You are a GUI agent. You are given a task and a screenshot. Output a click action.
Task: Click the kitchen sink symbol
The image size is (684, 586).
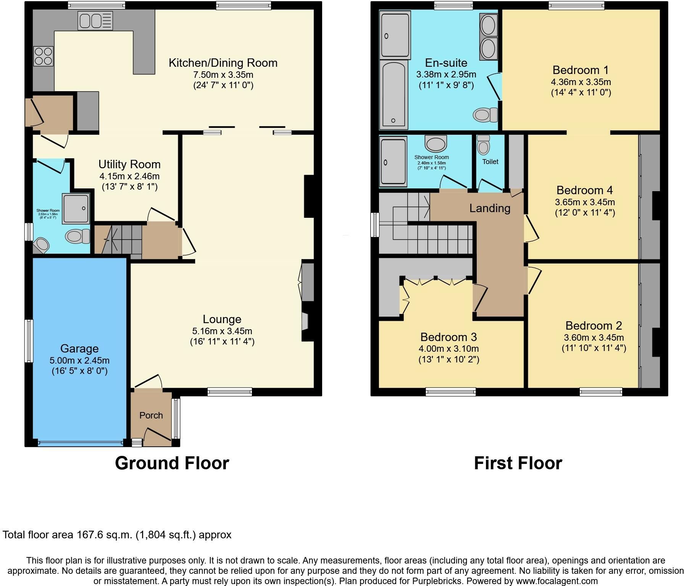click(x=95, y=21)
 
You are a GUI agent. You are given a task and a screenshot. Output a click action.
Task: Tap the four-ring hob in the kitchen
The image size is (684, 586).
click(x=43, y=56)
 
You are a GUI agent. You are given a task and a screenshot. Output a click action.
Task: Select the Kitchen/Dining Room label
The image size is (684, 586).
click(x=223, y=63)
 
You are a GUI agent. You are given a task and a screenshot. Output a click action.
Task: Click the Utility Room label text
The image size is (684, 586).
click(x=129, y=164)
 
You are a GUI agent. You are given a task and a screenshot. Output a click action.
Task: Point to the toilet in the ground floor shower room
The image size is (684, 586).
click(x=77, y=236)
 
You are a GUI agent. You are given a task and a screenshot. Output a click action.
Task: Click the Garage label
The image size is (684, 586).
click(x=79, y=349)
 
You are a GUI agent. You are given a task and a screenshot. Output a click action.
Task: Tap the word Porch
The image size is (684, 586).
click(x=151, y=415)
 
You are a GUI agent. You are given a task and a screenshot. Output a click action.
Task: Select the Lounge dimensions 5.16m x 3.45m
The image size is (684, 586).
click(x=222, y=331)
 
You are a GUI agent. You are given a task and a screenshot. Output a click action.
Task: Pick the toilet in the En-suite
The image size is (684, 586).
click(x=486, y=114)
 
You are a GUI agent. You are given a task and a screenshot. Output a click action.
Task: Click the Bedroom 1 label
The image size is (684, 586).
click(x=581, y=70)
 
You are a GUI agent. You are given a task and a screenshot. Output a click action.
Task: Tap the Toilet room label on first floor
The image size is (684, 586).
click(x=490, y=162)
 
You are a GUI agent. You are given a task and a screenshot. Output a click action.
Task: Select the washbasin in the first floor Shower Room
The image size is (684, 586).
click(x=435, y=143)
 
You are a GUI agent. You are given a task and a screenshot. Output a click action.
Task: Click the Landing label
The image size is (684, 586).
click(x=490, y=208)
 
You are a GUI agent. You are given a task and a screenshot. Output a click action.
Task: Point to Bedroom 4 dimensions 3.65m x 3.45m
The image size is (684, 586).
click(x=585, y=202)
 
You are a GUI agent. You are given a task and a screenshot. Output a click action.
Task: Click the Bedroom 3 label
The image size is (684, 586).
click(x=448, y=337)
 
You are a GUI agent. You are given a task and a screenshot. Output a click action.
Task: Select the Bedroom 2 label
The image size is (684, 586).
click(x=594, y=326)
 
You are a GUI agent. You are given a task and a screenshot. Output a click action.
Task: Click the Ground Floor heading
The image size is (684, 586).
click(x=172, y=463)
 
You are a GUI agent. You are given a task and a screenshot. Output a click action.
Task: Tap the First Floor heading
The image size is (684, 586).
click(x=518, y=463)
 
